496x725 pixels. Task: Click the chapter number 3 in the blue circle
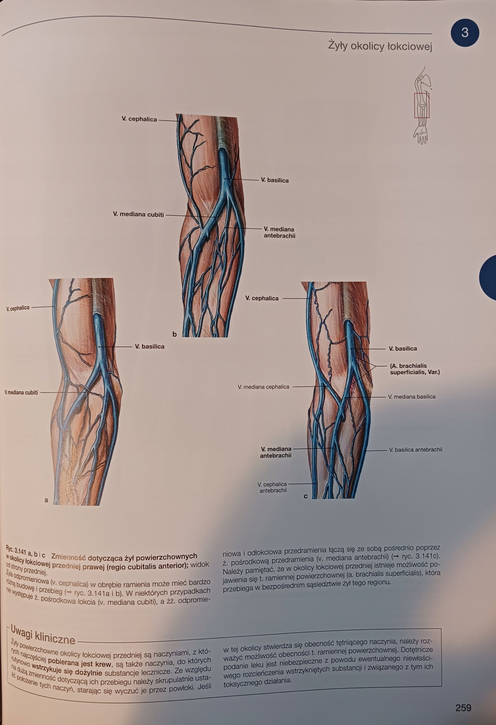click(x=465, y=33)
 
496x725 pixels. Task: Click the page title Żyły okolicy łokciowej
click(x=380, y=46)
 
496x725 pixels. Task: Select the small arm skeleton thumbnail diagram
click(x=422, y=105)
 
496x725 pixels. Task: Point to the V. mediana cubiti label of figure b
click(x=138, y=214)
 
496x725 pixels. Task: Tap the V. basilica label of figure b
click(x=275, y=180)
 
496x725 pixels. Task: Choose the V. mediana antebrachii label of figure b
click(x=279, y=233)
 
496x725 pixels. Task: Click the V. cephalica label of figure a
click(x=18, y=308)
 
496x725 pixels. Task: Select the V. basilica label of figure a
click(x=149, y=347)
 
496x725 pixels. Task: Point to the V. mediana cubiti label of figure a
click(x=21, y=393)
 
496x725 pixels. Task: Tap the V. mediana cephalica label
click(x=263, y=387)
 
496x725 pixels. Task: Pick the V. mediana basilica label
click(x=411, y=397)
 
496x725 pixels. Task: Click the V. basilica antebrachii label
click(x=416, y=449)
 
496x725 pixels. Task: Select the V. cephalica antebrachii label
click(x=272, y=487)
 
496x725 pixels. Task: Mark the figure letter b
click(x=175, y=334)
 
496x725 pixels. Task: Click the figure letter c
click(x=306, y=496)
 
